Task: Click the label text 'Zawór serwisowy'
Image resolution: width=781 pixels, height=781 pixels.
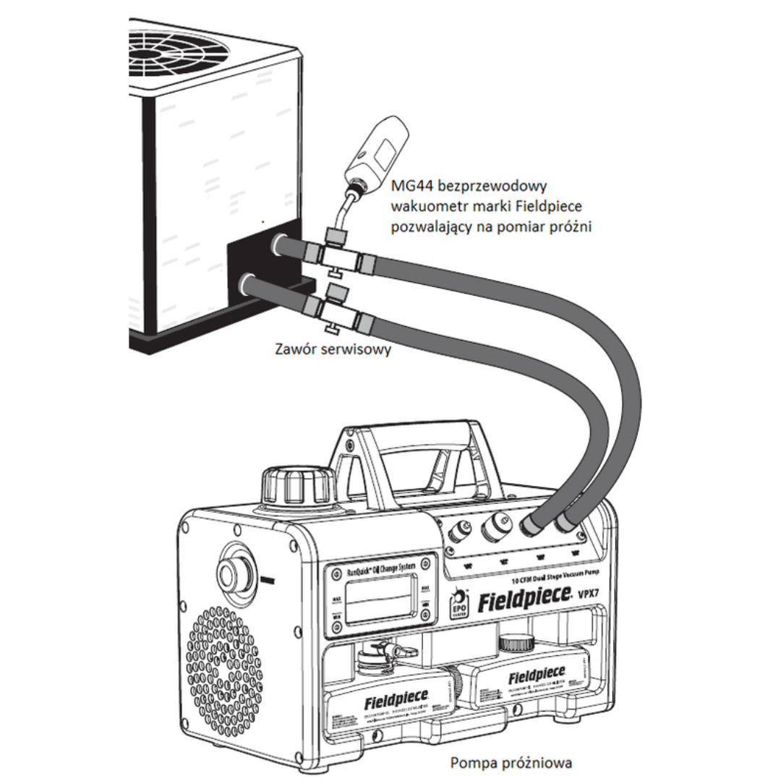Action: point(333,349)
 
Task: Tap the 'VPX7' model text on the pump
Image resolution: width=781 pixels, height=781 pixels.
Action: point(593,595)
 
